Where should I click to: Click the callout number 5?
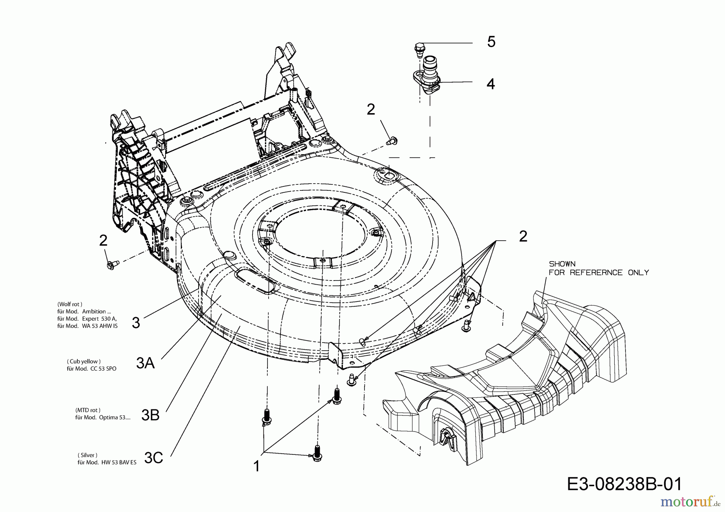pyautogui.click(x=491, y=42)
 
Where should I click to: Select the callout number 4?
pyautogui.click(x=490, y=84)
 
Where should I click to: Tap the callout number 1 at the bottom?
pyautogui.click(x=257, y=466)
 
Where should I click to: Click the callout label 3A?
pyautogui.click(x=145, y=363)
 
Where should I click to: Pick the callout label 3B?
pyautogui.click(x=150, y=415)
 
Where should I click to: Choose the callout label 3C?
pyautogui.click(x=153, y=458)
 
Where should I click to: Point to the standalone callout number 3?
pyautogui.click(x=136, y=322)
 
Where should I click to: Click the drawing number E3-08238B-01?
pyautogui.click(x=624, y=484)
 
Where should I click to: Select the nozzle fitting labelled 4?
pyautogui.click(x=428, y=74)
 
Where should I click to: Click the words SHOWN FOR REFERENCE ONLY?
pyautogui.click(x=599, y=268)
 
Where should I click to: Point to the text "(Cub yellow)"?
pyautogui.click(x=84, y=361)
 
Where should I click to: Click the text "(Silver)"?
pyautogui.click(x=87, y=455)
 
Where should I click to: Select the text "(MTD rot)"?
pyautogui.click(x=87, y=410)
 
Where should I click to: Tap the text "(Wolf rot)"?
pyautogui.click(x=70, y=304)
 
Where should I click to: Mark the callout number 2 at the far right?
pyautogui.click(x=523, y=236)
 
